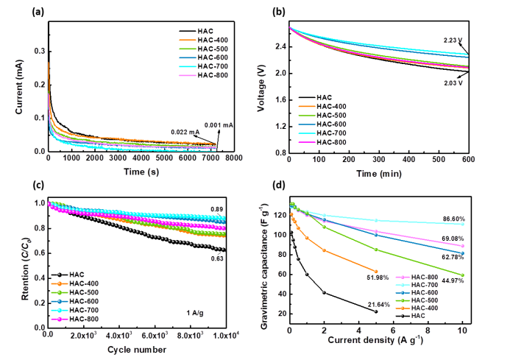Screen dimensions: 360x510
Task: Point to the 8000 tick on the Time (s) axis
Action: (235, 158)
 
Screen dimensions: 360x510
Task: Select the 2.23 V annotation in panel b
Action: (454, 40)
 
